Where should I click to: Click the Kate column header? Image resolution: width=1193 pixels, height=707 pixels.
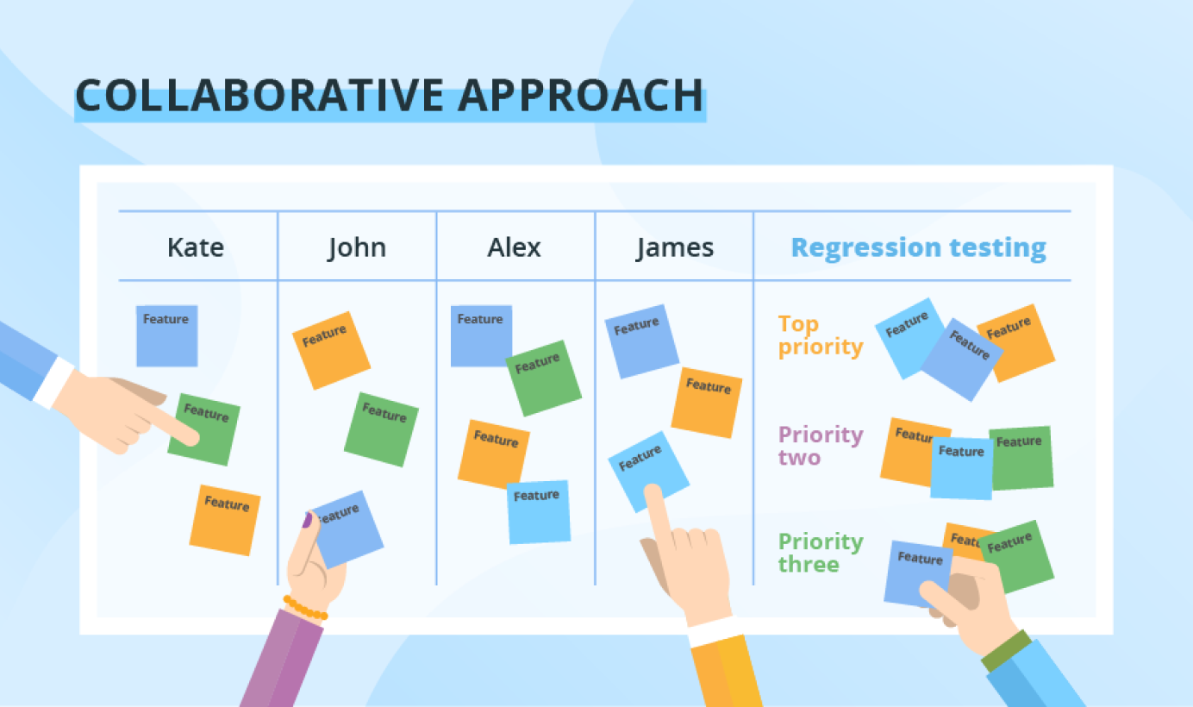pos(196,247)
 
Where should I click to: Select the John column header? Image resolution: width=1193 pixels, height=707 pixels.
pos(357,248)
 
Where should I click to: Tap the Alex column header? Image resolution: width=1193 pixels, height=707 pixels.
pos(514,247)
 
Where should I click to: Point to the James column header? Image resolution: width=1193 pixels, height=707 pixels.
pos(675,248)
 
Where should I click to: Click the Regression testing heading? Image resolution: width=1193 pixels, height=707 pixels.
pos(919,248)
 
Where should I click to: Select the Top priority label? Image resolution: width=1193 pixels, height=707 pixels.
pos(821,335)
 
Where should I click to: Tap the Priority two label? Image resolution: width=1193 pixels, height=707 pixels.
pos(821,446)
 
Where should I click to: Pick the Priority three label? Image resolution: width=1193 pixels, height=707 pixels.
pos(821,553)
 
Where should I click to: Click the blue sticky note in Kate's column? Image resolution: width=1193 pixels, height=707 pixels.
pos(166,335)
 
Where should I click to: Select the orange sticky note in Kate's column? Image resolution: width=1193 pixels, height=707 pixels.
pos(225,520)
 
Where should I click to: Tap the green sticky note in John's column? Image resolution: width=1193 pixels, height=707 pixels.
pos(381,429)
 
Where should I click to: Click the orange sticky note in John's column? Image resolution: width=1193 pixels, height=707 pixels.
pos(331,351)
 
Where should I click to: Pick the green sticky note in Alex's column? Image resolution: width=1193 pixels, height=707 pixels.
pos(543,379)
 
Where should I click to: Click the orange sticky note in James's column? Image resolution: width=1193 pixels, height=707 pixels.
pos(706,403)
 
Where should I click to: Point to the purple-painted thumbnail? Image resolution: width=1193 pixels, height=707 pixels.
pos(308,520)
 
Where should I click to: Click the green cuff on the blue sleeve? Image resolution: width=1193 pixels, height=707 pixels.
pos(1007,650)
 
